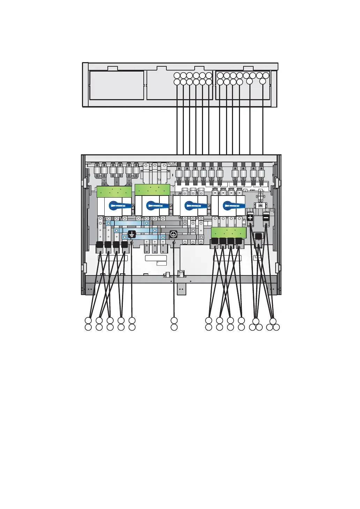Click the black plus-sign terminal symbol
tap(250, 218)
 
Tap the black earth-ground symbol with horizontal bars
tap(132, 234)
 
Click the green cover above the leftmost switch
tap(114, 192)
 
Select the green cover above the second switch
tap(152, 190)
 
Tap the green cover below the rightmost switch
tap(227, 233)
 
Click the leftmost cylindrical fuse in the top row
tap(97, 170)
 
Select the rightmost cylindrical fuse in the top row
tap(262, 174)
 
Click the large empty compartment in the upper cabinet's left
tap(117, 86)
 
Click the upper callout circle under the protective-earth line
tap(174, 320)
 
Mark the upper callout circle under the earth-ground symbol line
tap(132, 320)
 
